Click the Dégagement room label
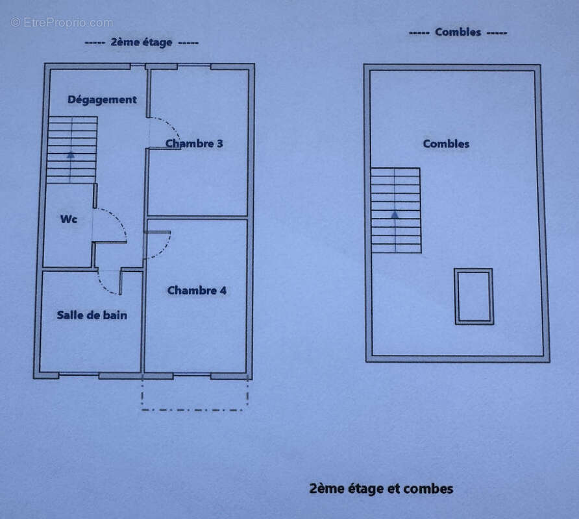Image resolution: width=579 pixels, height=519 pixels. (103, 100)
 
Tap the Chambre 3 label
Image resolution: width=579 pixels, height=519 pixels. (194, 143)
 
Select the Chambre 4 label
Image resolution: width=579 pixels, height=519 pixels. (197, 291)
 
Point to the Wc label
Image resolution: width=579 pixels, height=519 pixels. (69, 219)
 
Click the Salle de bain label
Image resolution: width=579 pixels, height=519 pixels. (92, 315)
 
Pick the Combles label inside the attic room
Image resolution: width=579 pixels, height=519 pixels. (446, 143)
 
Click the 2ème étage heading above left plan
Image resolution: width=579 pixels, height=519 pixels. (142, 42)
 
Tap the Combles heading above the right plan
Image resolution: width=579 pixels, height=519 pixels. (458, 32)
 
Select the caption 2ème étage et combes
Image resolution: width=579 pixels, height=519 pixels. (381, 489)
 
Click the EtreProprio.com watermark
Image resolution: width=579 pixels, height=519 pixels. (62, 23)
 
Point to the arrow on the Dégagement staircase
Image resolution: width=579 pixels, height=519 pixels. (71, 155)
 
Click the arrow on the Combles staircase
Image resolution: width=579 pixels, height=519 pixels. (395, 214)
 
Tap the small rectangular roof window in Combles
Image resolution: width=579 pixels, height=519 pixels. (474, 296)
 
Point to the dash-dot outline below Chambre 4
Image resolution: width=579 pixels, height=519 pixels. (195, 410)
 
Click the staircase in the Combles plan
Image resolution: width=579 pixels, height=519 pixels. (396, 210)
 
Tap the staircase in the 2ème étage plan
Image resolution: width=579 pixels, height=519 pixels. (72, 150)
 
